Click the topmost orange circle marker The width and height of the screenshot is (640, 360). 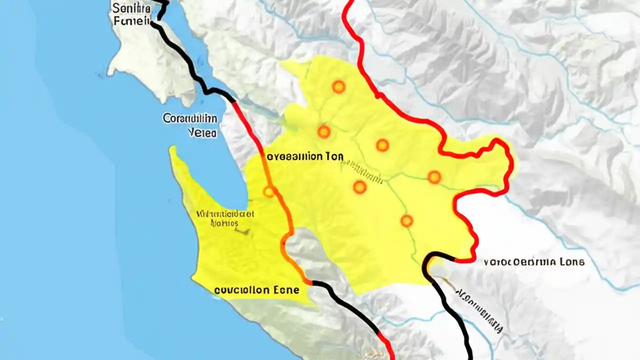pyautogui.click(x=338, y=87)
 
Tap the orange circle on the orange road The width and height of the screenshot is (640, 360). pyautogui.click(x=269, y=191)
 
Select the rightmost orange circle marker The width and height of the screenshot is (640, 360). pyautogui.click(x=434, y=177)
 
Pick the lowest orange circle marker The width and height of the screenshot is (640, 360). pyautogui.click(x=406, y=220)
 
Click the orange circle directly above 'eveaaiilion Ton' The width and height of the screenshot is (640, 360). pyautogui.click(x=324, y=132)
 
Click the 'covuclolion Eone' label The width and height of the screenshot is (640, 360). pyautogui.click(x=256, y=290)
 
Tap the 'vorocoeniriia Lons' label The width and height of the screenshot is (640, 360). pyautogui.click(x=534, y=261)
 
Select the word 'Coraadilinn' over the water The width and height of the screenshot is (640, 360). pyautogui.click(x=189, y=119)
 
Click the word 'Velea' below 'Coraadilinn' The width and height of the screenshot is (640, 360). pyautogui.click(x=202, y=133)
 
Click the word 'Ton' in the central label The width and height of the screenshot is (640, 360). pyautogui.click(x=334, y=156)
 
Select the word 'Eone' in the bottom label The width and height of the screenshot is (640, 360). pyautogui.click(x=286, y=290)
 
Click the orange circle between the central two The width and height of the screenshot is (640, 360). pyautogui.click(x=382, y=145)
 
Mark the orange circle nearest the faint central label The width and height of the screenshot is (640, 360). pyautogui.click(x=359, y=187)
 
